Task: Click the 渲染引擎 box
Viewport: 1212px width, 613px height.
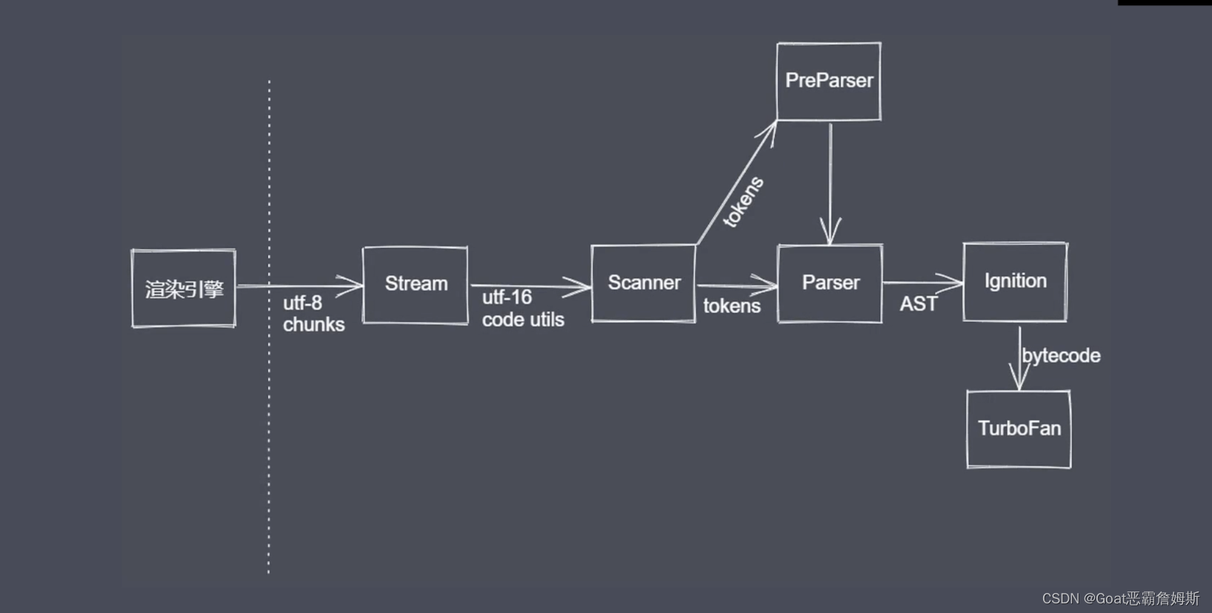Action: pyautogui.click(x=184, y=288)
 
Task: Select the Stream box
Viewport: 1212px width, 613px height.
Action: pyautogui.click(x=415, y=284)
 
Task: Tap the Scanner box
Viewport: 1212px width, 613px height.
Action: pyautogui.click(x=643, y=283)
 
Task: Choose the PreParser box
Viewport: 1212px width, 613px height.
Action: pyautogui.click(x=828, y=81)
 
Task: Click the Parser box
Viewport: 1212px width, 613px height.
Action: pyautogui.click(x=830, y=283)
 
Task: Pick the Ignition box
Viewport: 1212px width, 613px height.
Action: pyautogui.click(x=1015, y=281)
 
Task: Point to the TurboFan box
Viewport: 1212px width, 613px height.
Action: pyautogui.click(x=1019, y=429)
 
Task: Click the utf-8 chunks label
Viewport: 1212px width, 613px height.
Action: pyautogui.click(x=313, y=313)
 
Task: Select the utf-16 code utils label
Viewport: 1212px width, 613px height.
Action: pyautogui.click(x=522, y=308)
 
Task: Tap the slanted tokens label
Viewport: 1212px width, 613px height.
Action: pyautogui.click(x=743, y=201)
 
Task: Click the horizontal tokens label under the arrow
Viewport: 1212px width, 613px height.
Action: pyautogui.click(x=731, y=306)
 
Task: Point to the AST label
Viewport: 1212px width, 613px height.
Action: pyautogui.click(x=918, y=304)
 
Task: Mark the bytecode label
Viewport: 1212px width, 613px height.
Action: pyautogui.click(x=1061, y=356)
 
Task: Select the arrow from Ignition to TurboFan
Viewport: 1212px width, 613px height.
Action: pyautogui.click(x=1019, y=359)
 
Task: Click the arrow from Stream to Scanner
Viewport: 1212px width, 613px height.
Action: pyautogui.click(x=529, y=286)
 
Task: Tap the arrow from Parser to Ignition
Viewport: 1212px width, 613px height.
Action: pyautogui.click(x=922, y=282)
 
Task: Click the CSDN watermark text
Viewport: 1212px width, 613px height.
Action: pyautogui.click(x=1119, y=598)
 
